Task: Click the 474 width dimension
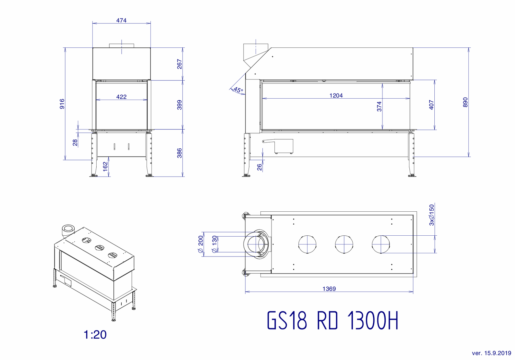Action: click(121, 20)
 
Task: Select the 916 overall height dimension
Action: click(62, 104)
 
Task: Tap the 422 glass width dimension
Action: click(121, 97)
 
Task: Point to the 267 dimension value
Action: click(180, 64)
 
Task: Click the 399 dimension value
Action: click(180, 105)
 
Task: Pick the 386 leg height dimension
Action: click(180, 153)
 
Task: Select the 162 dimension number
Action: click(105, 167)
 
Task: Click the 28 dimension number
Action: click(75, 142)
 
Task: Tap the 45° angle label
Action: click(238, 90)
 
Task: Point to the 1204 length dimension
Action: click(336, 95)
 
